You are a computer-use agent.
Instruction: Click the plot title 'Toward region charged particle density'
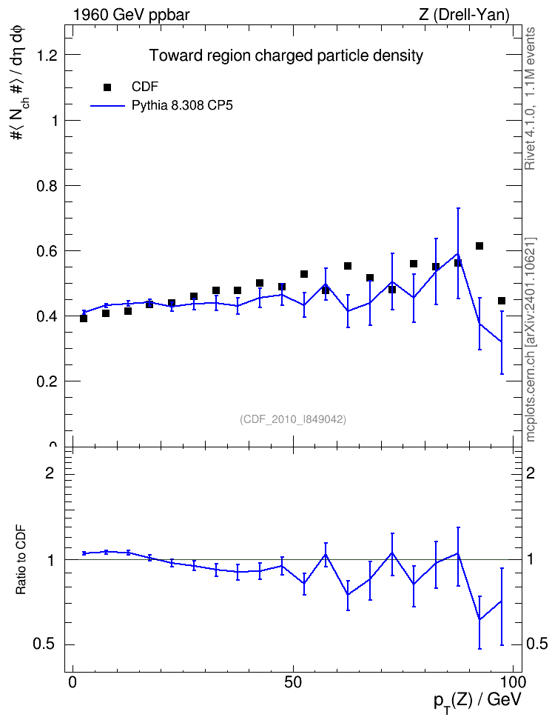tap(286, 56)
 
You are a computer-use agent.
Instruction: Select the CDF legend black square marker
tap(107, 87)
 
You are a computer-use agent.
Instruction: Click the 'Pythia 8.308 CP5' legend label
tap(182, 106)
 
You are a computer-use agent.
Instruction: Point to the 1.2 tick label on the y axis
tap(47, 55)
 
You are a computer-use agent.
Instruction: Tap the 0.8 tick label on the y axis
tap(47, 186)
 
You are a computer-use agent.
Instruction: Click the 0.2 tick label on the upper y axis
tap(47, 381)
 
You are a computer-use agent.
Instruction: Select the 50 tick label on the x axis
tap(293, 682)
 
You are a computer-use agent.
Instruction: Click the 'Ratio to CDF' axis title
tap(21, 560)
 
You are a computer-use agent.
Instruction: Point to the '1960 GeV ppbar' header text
tap(131, 15)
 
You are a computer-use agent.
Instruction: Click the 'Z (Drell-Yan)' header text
tap(464, 15)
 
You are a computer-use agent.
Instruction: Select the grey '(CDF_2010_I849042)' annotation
tap(293, 419)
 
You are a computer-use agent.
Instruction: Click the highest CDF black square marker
tap(479, 246)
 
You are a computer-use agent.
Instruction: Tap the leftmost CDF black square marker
tap(84, 319)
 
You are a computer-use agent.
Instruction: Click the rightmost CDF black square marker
tap(502, 301)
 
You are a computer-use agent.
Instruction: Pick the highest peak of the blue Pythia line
tap(457, 253)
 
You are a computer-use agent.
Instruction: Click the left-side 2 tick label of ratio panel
tap(50, 473)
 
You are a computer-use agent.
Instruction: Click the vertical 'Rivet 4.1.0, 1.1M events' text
tap(530, 99)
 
